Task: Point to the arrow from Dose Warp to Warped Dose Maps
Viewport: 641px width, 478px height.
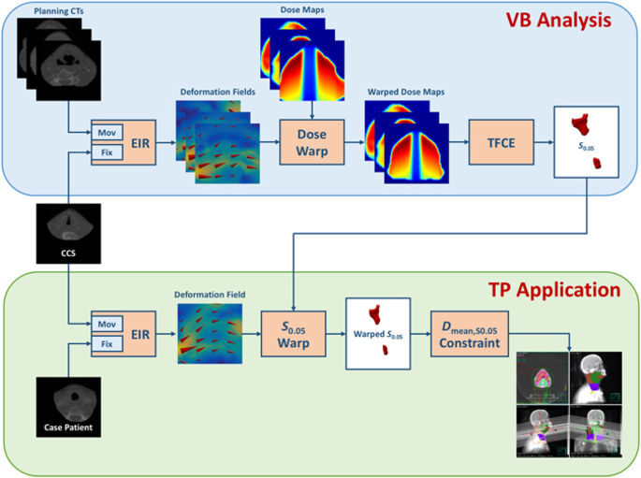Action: pos(350,143)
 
